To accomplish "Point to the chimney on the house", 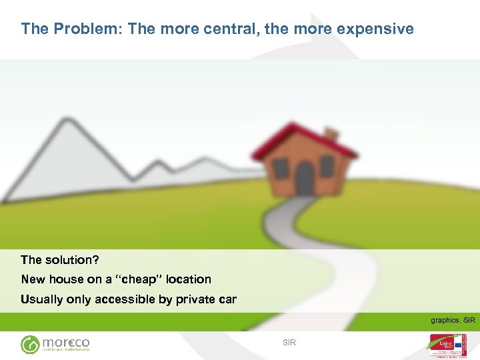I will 331,135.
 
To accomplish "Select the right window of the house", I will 327,165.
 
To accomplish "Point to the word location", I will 189,279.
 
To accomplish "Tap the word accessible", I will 125,299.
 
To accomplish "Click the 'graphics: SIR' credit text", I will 453,321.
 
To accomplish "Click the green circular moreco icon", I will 30,344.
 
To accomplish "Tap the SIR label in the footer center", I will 289,343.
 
